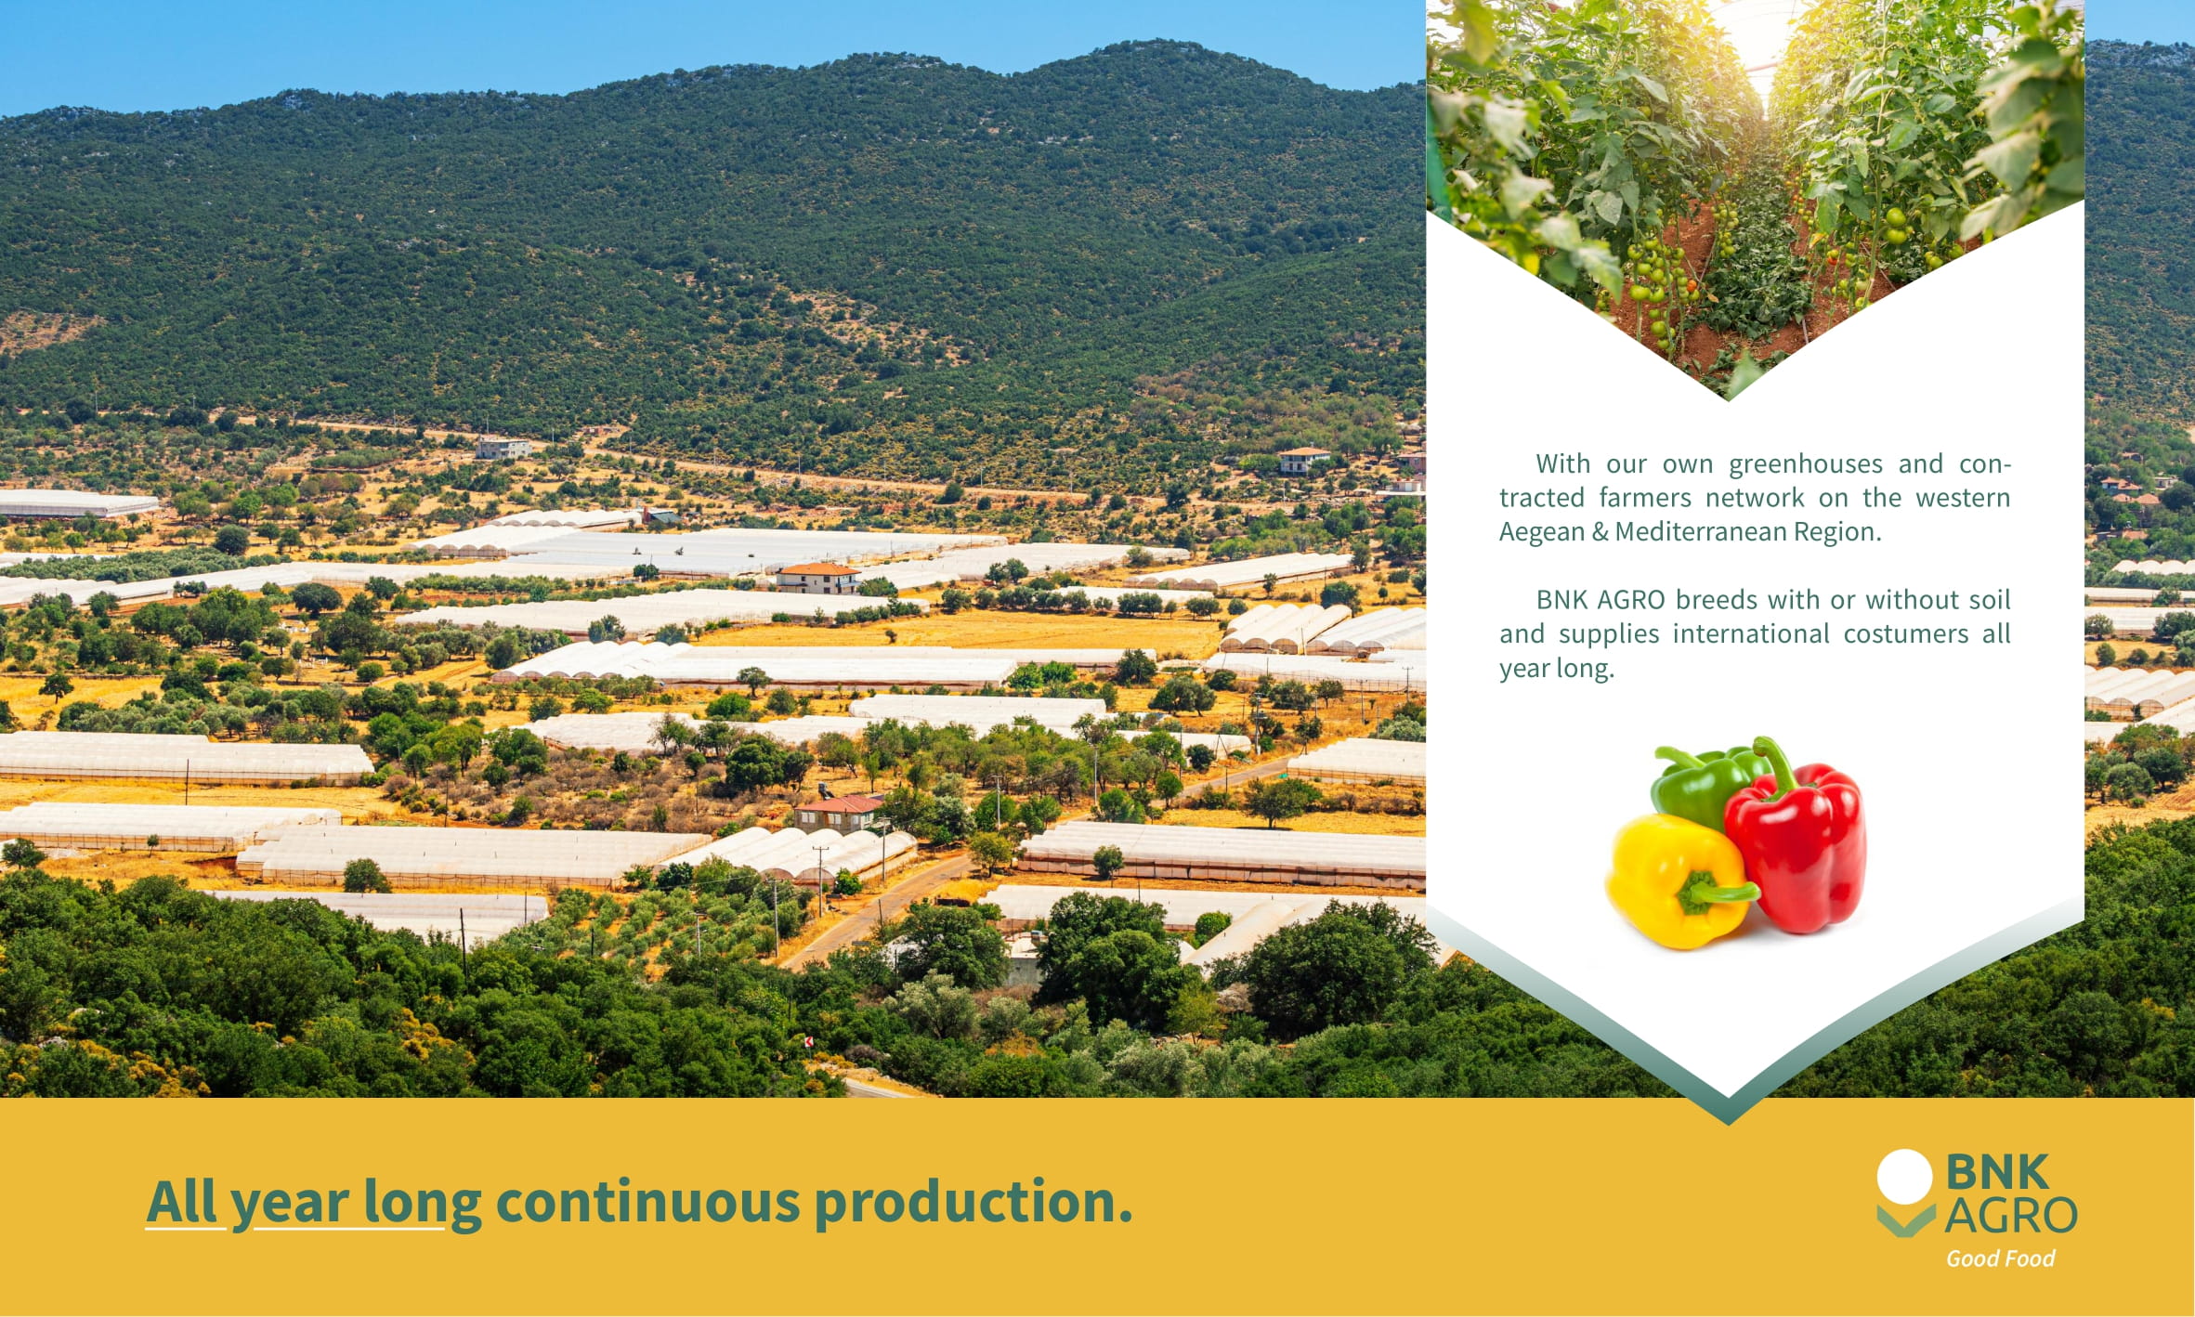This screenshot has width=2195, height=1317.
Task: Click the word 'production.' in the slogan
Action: coord(973,1202)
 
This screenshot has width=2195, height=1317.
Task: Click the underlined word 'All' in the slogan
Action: coord(182,1202)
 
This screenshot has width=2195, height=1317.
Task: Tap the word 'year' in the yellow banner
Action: coord(290,1206)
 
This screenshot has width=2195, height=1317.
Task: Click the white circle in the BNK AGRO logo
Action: coord(1905,1178)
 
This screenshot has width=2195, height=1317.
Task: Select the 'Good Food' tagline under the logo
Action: coord(2000,1258)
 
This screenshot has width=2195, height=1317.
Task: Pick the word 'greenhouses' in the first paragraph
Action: coord(1806,463)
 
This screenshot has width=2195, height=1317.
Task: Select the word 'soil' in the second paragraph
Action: coord(1990,599)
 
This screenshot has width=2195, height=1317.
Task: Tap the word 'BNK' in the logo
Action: coord(1996,1171)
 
